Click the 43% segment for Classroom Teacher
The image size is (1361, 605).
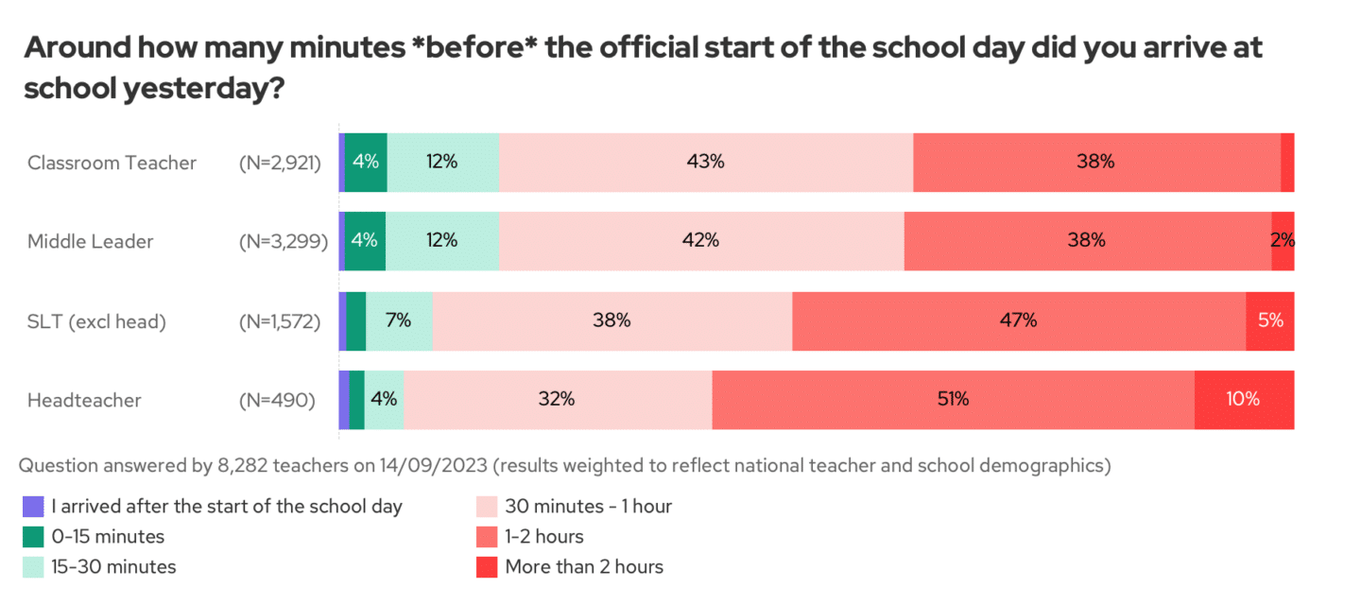[705, 163]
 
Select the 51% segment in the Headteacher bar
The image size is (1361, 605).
[953, 400]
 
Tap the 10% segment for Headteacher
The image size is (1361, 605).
[1243, 400]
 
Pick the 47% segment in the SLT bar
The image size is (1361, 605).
[1019, 321]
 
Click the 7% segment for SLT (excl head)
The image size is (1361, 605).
[399, 321]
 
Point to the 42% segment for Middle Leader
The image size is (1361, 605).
[700, 241]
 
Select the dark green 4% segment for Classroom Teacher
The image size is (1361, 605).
[366, 163]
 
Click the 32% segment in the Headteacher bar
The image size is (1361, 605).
[557, 400]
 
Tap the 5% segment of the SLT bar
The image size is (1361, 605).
[1269, 321]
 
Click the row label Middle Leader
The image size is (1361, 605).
[91, 241]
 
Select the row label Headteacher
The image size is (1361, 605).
[84, 400]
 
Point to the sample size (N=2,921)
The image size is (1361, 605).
[280, 163]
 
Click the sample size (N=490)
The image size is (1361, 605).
[277, 400]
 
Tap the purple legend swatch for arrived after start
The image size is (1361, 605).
[33, 507]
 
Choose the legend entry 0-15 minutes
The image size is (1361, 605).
[108, 537]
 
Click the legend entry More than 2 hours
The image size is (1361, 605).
[584, 567]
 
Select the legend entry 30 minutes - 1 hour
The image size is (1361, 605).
[588, 507]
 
